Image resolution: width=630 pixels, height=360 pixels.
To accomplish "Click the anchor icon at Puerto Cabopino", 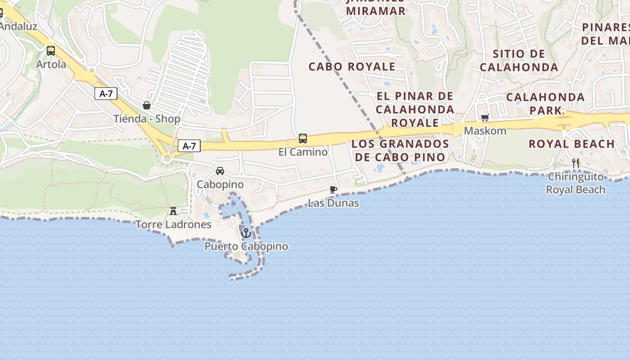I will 246,233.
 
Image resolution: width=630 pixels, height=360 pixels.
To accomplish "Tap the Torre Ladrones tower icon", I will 173,211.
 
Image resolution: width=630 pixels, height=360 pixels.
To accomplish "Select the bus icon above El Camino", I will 303,139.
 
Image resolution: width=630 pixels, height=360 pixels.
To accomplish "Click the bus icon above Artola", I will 51,51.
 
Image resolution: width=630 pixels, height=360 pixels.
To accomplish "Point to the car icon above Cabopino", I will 220,171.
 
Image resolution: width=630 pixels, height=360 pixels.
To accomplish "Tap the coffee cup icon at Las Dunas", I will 333,189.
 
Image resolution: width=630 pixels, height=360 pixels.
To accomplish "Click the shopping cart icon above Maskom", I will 485,118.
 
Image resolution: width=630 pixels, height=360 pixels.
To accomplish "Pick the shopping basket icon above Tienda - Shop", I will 147,105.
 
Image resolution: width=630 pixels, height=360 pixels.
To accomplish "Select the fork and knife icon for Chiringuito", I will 576,163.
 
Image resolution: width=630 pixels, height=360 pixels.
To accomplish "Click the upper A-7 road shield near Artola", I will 106,94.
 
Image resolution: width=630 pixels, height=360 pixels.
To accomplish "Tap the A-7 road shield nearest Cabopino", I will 189,146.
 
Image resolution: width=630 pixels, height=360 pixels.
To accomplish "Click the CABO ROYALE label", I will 352,67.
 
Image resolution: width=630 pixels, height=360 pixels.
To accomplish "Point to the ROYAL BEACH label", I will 571,144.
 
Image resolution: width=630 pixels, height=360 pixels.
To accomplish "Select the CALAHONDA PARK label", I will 545,103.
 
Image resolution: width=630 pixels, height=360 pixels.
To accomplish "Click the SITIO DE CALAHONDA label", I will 519,60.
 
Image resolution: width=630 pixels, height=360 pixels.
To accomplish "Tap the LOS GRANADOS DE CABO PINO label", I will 400,150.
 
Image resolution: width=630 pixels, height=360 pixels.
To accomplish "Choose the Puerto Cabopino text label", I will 246,247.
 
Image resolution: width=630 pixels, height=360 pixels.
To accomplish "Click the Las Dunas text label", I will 333,203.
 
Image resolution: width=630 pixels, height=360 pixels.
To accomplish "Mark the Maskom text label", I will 485,131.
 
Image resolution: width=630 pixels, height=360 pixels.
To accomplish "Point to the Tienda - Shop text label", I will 147,119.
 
